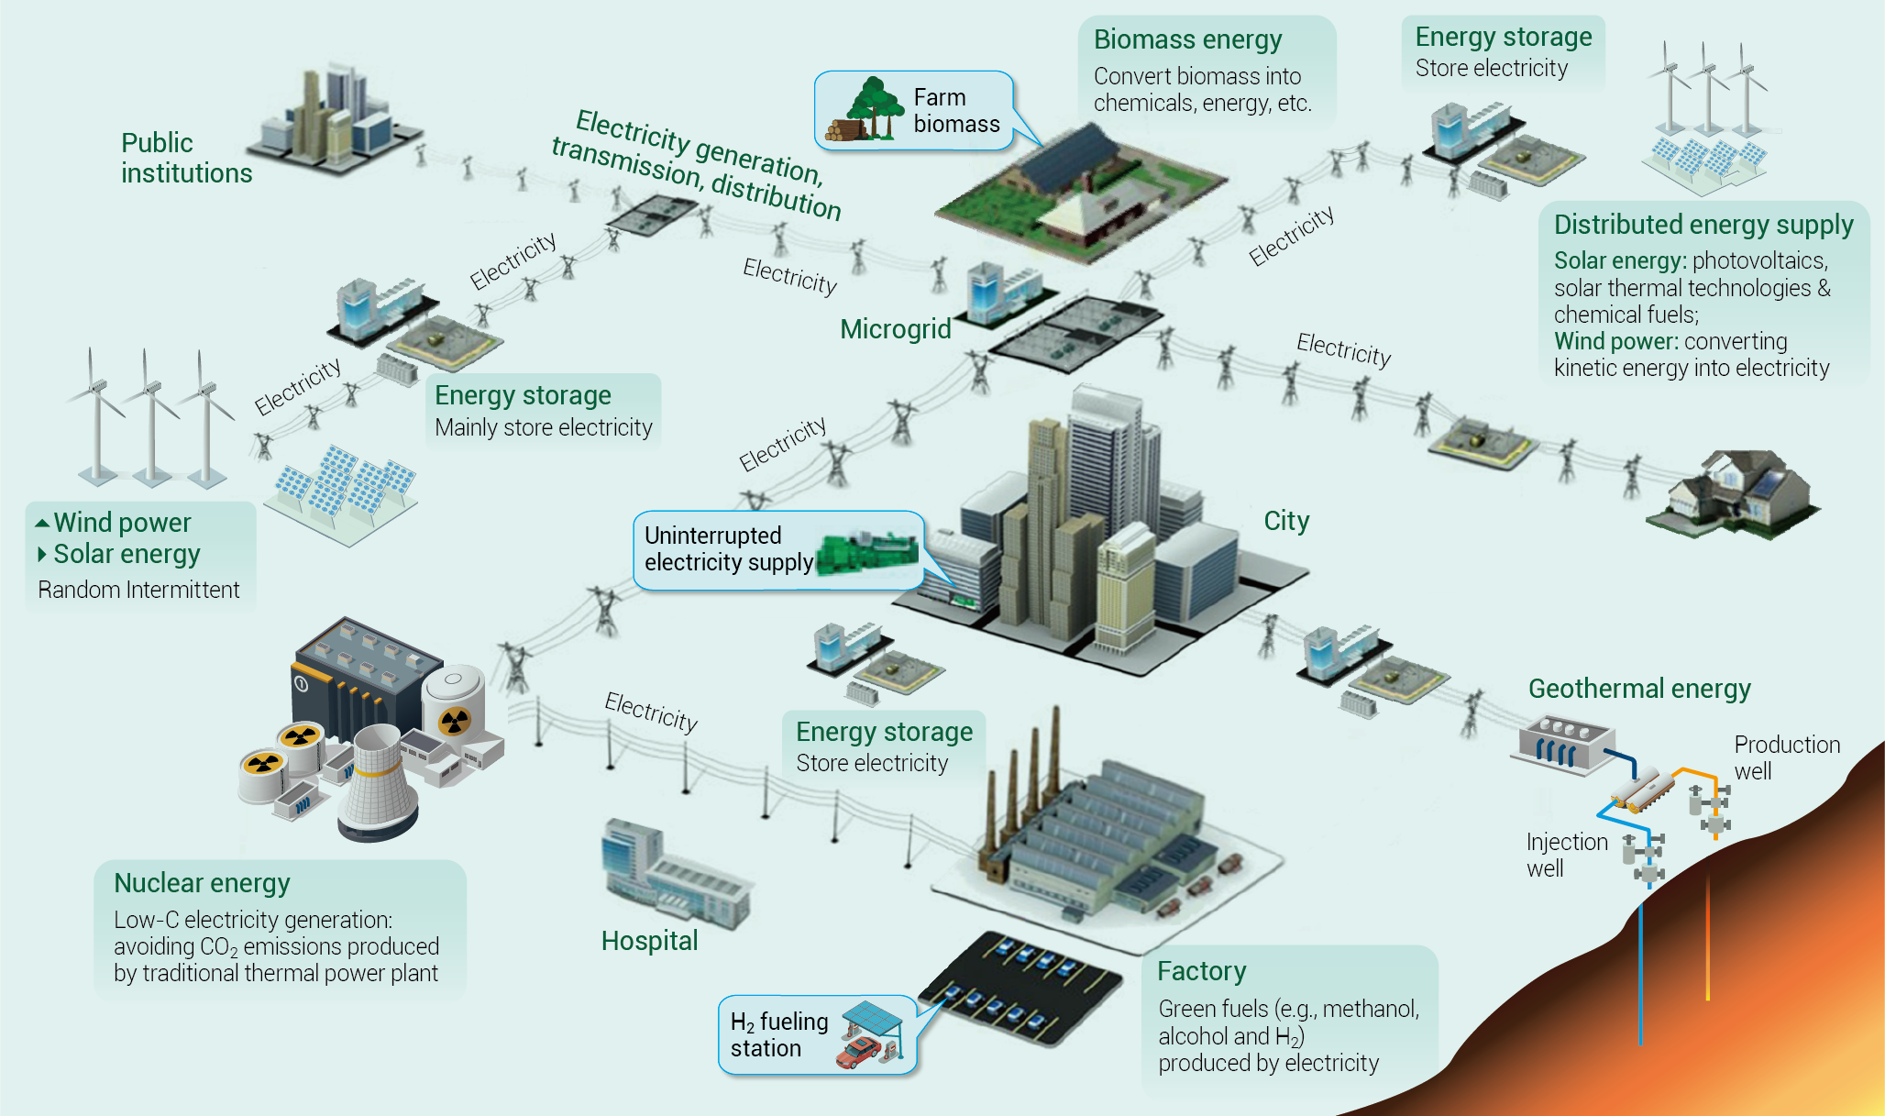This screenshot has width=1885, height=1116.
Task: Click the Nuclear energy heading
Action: click(202, 883)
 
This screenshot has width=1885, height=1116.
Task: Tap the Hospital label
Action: click(649, 941)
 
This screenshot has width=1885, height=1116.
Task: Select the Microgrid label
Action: click(896, 329)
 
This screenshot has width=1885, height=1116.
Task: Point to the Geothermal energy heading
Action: click(1639, 689)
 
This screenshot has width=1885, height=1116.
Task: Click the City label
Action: click(1286, 521)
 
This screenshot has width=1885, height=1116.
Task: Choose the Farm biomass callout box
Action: click(914, 110)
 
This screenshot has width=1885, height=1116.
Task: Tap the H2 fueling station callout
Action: click(817, 1034)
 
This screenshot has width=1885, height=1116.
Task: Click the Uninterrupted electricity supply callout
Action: click(778, 549)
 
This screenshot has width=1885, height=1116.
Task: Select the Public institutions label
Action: click(186, 158)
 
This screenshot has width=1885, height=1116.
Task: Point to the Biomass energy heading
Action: click(1187, 39)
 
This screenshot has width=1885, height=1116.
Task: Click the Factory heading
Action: click(1201, 971)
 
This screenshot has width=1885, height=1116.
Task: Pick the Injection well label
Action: click(1567, 855)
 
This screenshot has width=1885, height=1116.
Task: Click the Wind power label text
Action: click(122, 523)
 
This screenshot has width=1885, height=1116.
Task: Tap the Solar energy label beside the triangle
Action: click(127, 554)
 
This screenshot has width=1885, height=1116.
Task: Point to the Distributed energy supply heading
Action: click(1703, 225)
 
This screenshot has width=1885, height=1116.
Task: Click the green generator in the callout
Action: click(866, 553)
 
